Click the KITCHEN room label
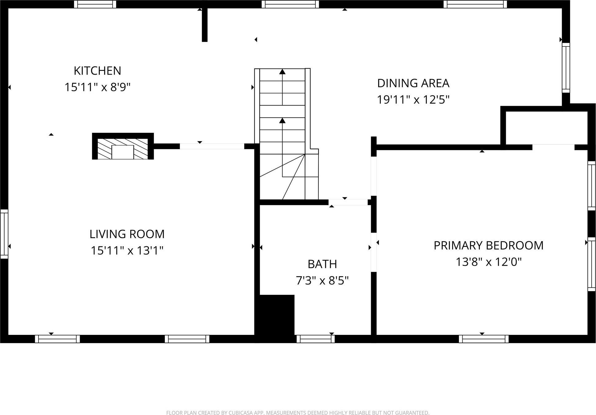pos(97,71)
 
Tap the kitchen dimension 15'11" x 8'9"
pos(97,87)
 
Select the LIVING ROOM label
pos(127,234)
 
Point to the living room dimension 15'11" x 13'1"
pos(127,250)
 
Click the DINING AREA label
pos(413,83)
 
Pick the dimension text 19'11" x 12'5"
pos(413,100)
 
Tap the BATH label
pos(322,264)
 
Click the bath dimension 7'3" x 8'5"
pos(322,281)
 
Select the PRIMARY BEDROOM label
pos(489,245)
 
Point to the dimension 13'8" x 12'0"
pos(489,262)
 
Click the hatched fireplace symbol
pos(123,149)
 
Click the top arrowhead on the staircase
pos(282,72)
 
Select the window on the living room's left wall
pos(4,234)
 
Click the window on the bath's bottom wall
pos(315,339)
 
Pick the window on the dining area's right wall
pos(566,68)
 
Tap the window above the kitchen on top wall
pos(95,4)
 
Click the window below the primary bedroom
pos(484,339)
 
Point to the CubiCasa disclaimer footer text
pos(298,413)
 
